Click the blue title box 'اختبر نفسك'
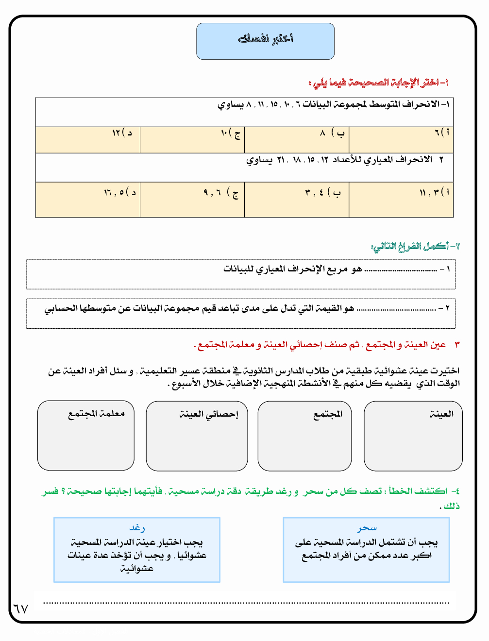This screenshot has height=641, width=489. [x=265, y=41]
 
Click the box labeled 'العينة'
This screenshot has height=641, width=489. [x=413, y=436]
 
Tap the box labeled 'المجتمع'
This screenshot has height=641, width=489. [x=304, y=436]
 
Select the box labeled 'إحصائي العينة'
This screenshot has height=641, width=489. [x=197, y=436]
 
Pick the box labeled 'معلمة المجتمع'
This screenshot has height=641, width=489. [x=86, y=436]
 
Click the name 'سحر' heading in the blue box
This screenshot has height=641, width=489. [x=367, y=528]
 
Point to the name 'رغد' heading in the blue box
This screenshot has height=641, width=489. [x=137, y=528]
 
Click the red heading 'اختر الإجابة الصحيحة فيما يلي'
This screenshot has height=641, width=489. [x=379, y=83]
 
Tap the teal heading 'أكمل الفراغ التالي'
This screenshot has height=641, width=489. [x=415, y=246]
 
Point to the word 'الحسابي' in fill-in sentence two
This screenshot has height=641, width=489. [x=61, y=308]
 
